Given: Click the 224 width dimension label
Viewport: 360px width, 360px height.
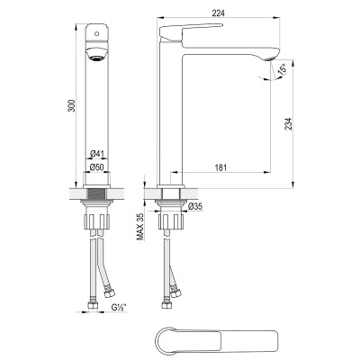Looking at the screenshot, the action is tap(218, 13).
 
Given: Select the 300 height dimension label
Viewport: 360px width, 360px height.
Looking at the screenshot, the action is tap(71, 105).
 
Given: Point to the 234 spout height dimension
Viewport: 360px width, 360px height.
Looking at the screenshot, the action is tap(288, 124).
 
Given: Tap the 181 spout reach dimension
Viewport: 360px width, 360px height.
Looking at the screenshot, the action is tap(220, 167).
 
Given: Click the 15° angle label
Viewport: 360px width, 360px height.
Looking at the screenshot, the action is tap(282, 69).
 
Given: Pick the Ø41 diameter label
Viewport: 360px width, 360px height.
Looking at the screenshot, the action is tap(97, 154).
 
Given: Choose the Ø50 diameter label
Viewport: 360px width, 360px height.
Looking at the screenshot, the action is tap(97, 167).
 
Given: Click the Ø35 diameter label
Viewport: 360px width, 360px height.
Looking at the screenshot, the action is tap(195, 206).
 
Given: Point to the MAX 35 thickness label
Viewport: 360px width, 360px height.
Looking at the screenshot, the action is tap(140, 227).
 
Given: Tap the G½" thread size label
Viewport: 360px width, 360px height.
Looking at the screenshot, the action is tap(119, 307).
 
